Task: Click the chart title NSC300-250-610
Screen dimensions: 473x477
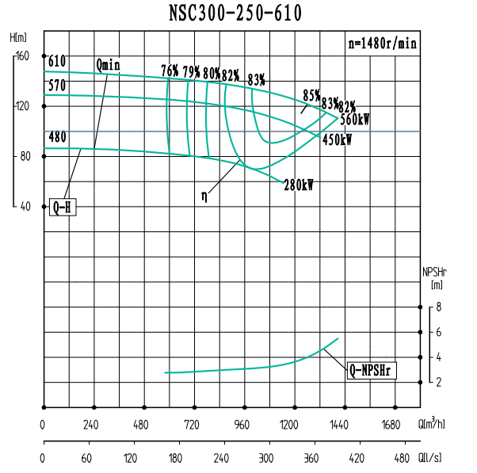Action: tap(235, 13)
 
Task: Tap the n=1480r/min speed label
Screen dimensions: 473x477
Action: tap(383, 44)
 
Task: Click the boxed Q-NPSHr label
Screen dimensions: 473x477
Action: tap(371, 370)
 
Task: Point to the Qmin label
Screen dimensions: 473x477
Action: tap(108, 64)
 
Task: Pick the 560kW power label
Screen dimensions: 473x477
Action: tap(355, 120)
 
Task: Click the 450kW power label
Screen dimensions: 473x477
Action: tap(337, 139)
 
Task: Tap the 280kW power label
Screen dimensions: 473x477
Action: tap(299, 185)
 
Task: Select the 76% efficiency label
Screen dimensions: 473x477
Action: tap(170, 71)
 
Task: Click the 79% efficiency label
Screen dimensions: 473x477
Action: tap(191, 71)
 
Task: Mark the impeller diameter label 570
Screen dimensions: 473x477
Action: tap(57, 86)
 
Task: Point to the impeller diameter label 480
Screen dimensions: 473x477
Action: tap(57, 137)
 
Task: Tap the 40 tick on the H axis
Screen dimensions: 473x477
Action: tap(24, 206)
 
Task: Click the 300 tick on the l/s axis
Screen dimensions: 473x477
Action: tap(265, 459)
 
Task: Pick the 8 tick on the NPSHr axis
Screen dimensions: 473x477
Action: tap(438, 307)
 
